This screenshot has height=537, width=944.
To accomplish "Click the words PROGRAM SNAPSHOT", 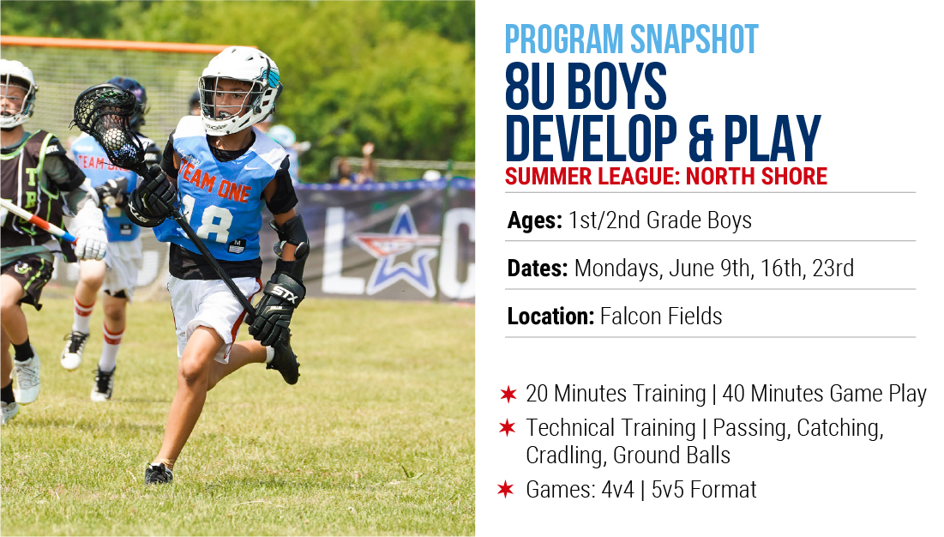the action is (632, 39).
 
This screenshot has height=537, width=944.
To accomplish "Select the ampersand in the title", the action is (700, 139).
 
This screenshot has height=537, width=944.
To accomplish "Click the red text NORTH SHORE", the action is (756, 177).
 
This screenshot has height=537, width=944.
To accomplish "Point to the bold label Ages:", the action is (535, 221).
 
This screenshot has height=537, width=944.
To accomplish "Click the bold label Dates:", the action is (538, 268).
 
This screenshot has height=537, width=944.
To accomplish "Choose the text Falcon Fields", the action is (661, 316).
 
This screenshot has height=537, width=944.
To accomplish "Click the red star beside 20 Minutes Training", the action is (508, 395).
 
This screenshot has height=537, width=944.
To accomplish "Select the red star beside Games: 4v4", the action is (506, 490).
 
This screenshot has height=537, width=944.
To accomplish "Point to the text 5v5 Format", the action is (704, 490).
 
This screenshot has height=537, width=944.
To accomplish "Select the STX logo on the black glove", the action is (285, 294).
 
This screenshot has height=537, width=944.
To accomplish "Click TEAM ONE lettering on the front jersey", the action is (215, 183).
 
